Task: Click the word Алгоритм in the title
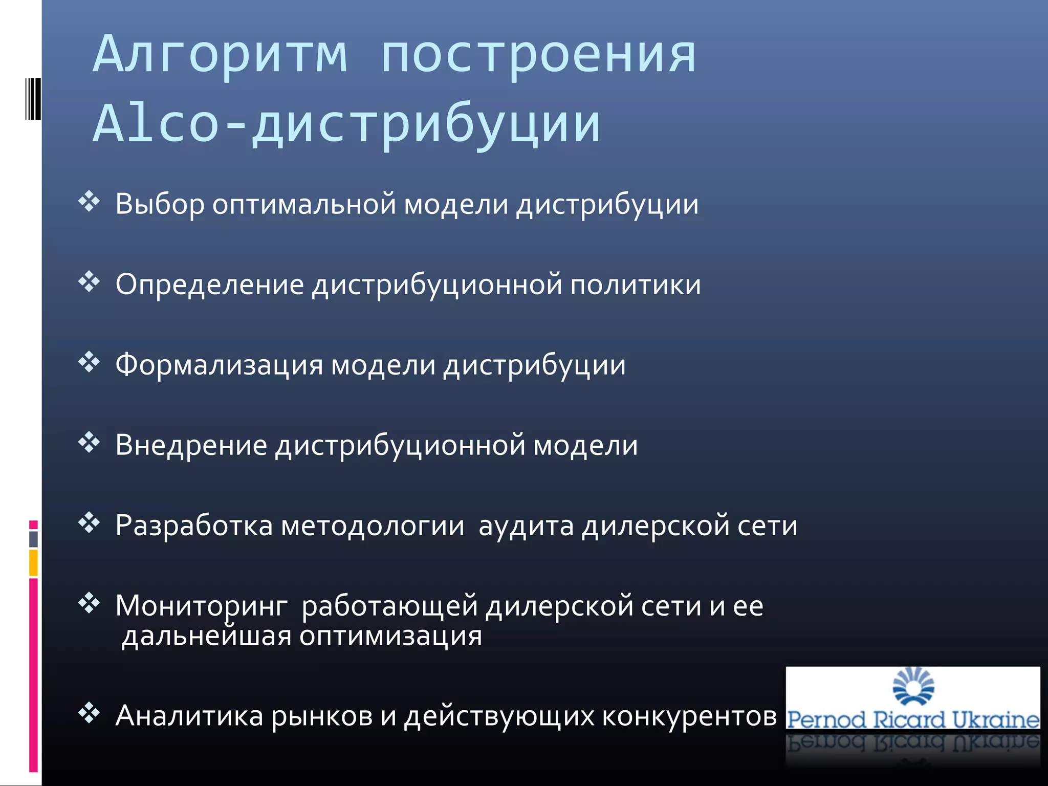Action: click(221, 54)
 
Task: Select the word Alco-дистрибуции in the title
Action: click(347, 124)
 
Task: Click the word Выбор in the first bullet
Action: click(160, 204)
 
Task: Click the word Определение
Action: click(210, 285)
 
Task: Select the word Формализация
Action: click(219, 365)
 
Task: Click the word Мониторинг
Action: click(202, 606)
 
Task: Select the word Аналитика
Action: click(189, 716)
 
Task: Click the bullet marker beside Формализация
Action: click(89, 362)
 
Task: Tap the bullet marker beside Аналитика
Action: click(89, 713)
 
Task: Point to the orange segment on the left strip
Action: click(33, 563)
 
